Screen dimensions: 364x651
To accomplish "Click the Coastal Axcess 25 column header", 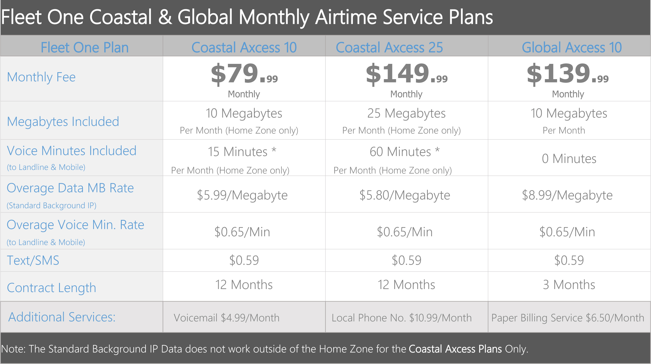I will pyautogui.click(x=389, y=47).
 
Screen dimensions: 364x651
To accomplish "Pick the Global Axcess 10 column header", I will pyautogui.click(x=572, y=47).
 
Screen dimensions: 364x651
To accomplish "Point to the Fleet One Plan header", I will pyautogui.click(x=85, y=47).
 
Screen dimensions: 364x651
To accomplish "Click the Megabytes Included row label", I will pyautogui.click(x=63, y=122).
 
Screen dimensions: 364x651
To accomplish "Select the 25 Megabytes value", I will pyautogui.click(x=406, y=113).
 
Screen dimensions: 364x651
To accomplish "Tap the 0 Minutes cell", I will pyautogui.click(x=569, y=159).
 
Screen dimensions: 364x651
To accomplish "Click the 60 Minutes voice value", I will pyautogui.click(x=405, y=152).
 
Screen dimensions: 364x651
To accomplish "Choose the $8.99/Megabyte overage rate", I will pyautogui.click(x=567, y=195).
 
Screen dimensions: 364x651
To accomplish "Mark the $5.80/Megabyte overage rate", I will pyautogui.click(x=405, y=195).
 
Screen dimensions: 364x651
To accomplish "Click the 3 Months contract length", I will pyautogui.click(x=569, y=285).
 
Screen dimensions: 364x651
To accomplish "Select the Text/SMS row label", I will pyautogui.click(x=33, y=260).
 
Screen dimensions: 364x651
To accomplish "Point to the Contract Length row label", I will pyautogui.click(x=52, y=288).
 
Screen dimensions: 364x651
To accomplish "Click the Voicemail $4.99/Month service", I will pyautogui.click(x=227, y=318).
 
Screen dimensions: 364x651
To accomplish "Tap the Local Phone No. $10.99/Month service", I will pyautogui.click(x=401, y=318).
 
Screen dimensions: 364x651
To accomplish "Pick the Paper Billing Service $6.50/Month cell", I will pyautogui.click(x=568, y=318).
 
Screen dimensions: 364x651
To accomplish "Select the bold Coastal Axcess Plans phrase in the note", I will pyautogui.click(x=455, y=349).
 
